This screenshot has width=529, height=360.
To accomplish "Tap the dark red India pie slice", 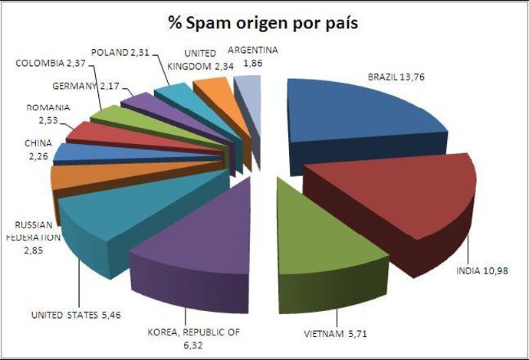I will pos(391,203).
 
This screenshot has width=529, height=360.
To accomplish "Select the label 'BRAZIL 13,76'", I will pos(400,77).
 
